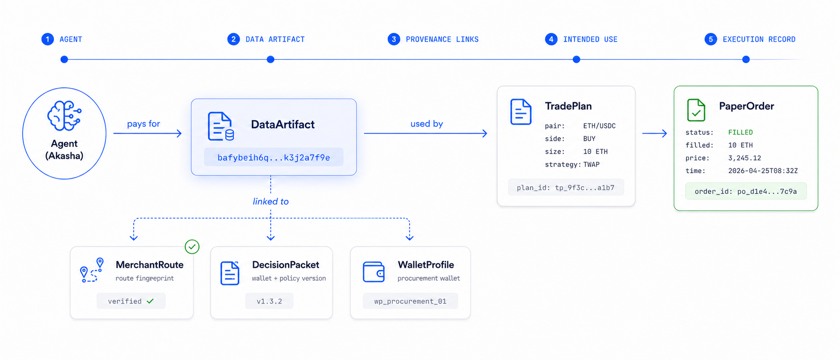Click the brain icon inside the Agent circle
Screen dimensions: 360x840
(x=64, y=116)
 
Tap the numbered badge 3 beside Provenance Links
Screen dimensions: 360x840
(x=393, y=39)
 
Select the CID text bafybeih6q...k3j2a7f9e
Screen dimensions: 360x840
(x=273, y=157)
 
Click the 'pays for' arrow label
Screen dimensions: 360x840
(x=143, y=124)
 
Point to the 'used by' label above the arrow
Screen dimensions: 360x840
(x=426, y=124)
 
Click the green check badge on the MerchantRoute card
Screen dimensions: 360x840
(x=192, y=247)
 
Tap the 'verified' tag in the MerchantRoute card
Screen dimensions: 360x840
(x=131, y=301)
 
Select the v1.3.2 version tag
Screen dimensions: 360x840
(x=269, y=301)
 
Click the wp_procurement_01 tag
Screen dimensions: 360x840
(x=410, y=301)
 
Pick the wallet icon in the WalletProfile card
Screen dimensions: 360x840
(x=374, y=272)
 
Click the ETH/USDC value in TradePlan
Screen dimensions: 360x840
(x=599, y=126)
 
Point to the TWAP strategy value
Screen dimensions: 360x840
(x=591, y=164)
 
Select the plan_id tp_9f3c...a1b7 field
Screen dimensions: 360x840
(x=565, y=188)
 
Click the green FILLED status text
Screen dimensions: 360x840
(x=740, y=132)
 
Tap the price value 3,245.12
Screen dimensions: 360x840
(x=744, y=158)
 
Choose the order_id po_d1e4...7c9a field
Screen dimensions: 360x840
(x=745, y=191)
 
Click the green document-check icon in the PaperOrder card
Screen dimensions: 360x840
(x=696, y=110)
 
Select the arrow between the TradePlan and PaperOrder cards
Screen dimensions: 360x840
(x=654, y=133)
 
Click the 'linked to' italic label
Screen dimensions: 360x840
(x=271, y=201)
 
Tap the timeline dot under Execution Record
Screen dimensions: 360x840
(x=746, y=60)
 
